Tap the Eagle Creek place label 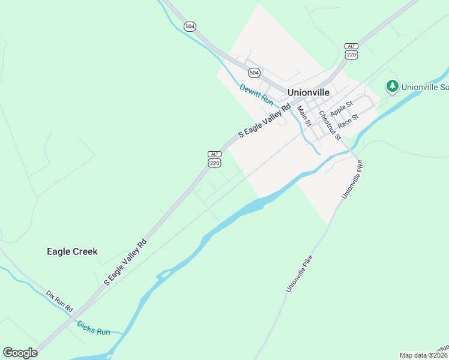coord(72,252)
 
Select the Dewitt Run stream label coord(256,95)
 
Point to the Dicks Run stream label coord(94,328)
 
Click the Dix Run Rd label coord(59,301)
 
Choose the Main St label coord(304,116)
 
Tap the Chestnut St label coord(330,125)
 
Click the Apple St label coord(342,110)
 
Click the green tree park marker coord(393,86)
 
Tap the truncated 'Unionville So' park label coord(425,86)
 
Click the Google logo coord(20,353)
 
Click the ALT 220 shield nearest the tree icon coord(351,51)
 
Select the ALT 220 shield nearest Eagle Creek coord(215,159)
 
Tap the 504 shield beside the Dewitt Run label coord(255,73)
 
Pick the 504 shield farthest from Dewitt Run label coord(190,26)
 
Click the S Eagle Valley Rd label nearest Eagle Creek coord(125,262)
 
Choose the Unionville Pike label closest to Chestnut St coord(352,179)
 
